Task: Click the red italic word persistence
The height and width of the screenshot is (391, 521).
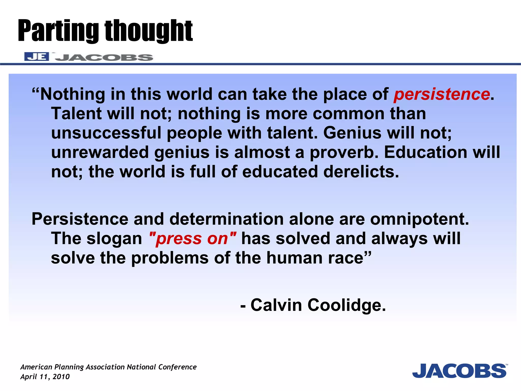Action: pos(442,94)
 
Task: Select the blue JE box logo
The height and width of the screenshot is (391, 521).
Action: pos(37,57)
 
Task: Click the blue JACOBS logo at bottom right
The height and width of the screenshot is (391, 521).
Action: pos(459,371)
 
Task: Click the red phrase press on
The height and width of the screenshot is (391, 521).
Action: pos(192,239)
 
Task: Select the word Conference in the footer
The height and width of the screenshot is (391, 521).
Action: pos(177,367)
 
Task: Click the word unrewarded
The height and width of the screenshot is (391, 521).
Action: pos(100,152)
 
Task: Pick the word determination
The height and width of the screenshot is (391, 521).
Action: pos(226,219)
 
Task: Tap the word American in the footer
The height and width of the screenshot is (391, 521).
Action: pos(36,367)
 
